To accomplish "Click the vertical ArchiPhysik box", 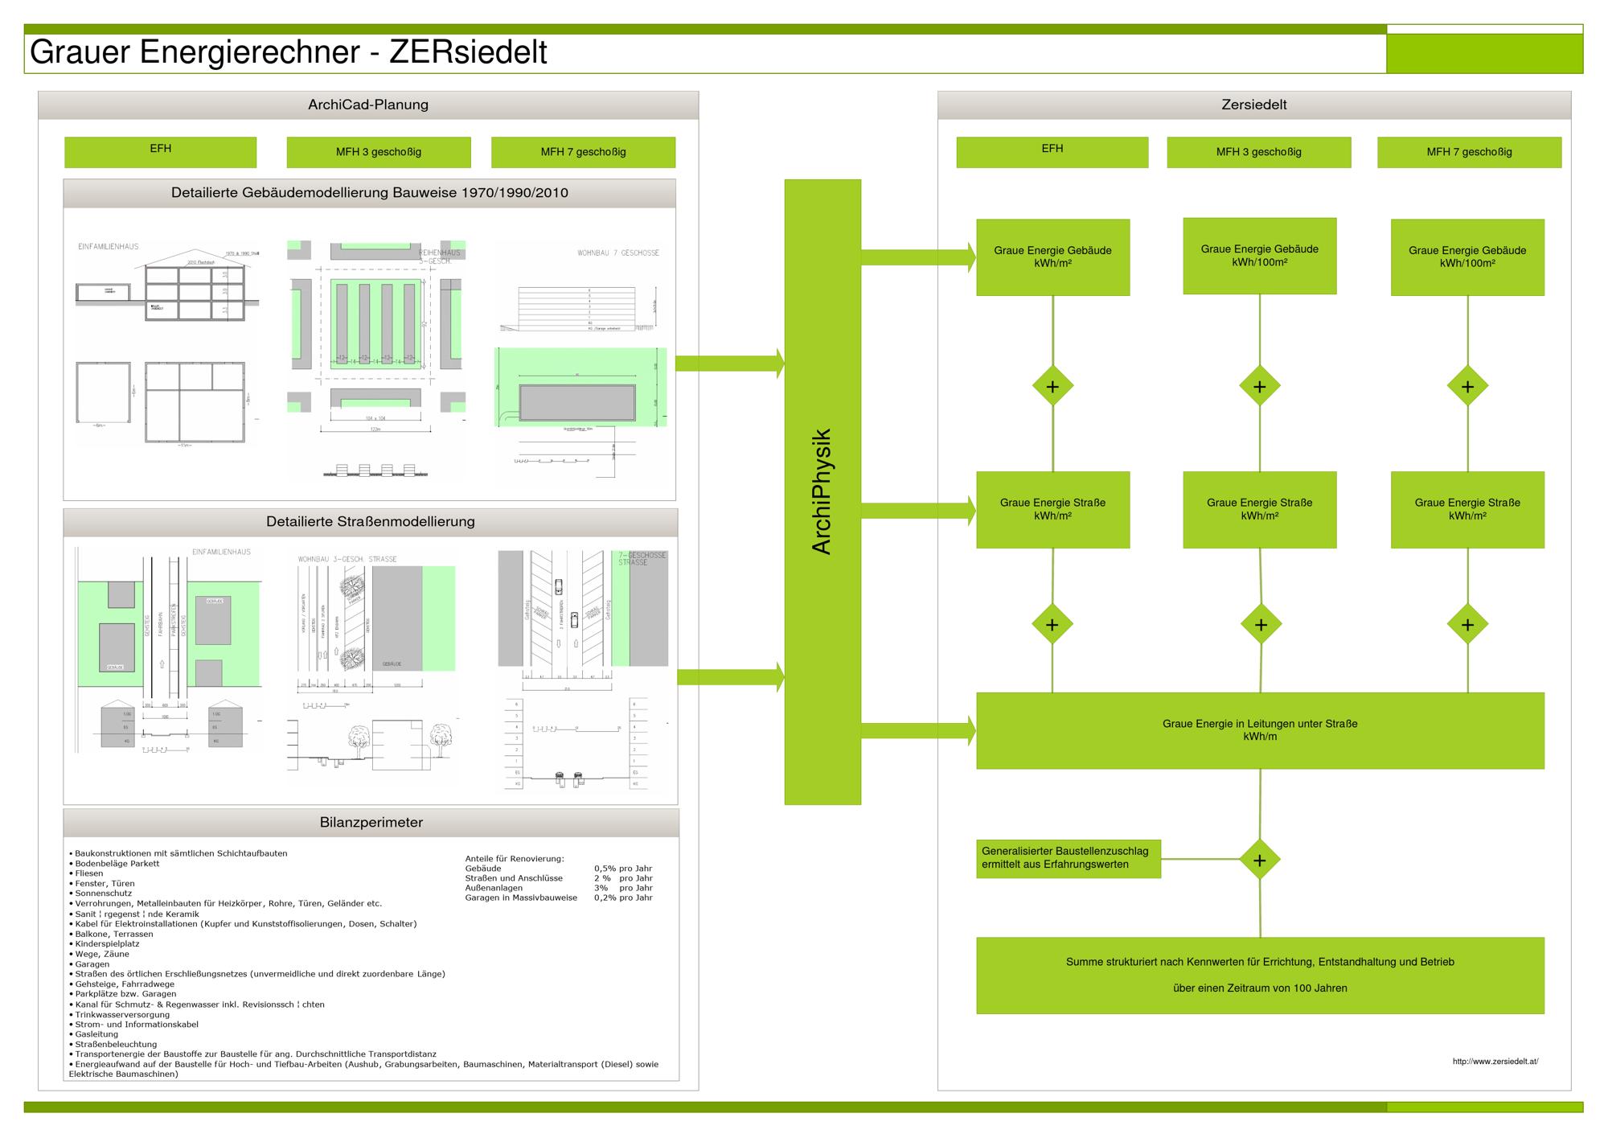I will (822, 491).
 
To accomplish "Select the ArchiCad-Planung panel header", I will (368, 105).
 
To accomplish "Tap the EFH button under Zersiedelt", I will (1052, 151).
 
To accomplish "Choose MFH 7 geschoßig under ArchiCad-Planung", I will (583, 152).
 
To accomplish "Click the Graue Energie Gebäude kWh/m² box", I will (1052, 257).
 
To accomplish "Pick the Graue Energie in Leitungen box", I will (1260, 730).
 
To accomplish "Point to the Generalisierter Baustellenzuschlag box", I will (1068, 858).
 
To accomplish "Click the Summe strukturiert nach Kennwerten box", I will (1260, 975).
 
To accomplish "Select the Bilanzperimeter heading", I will (371, 823).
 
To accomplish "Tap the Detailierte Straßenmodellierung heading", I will (371, 522).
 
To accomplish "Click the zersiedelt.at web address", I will (1495, 1062).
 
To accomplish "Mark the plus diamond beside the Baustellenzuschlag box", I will (1259, 861).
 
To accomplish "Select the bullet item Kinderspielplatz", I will (106, 944).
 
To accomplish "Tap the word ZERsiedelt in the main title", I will (468, 53).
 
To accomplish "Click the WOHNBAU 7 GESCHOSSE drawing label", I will (617, 253).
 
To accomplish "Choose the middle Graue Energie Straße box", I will (1259, 509).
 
